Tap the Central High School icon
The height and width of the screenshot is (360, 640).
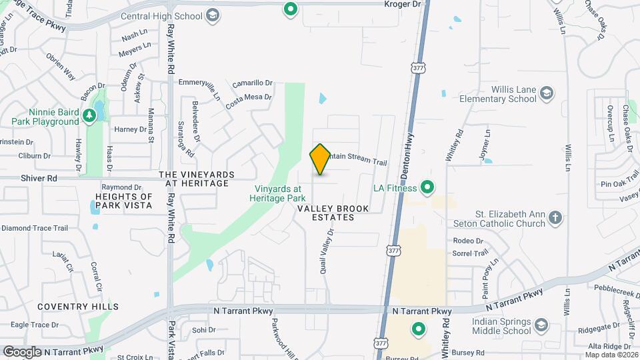[x=213, y=15]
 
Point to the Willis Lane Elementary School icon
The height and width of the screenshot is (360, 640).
[x=547, y=93]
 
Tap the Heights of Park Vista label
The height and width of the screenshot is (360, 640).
[x=123, y=201]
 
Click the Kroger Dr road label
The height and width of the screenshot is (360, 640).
[x=404, y=5]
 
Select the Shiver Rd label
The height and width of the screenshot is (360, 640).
[x=39, y=178]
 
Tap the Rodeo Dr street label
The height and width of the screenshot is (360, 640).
[x=467, y=241]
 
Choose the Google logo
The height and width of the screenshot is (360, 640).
[x=22, y=351]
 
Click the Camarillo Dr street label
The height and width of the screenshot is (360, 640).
[x=253, y=83]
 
